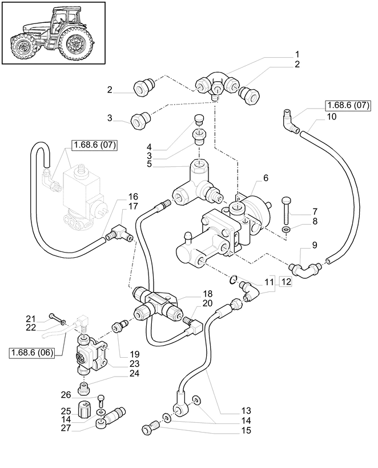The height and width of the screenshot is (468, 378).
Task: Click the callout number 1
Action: tap(297, 54)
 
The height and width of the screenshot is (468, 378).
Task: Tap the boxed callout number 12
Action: tap(285, 281)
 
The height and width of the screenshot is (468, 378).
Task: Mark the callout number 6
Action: tap(266, 179)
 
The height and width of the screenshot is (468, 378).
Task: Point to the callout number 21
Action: tap(30, 317)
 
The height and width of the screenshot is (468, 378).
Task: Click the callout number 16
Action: tap(132, 197)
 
